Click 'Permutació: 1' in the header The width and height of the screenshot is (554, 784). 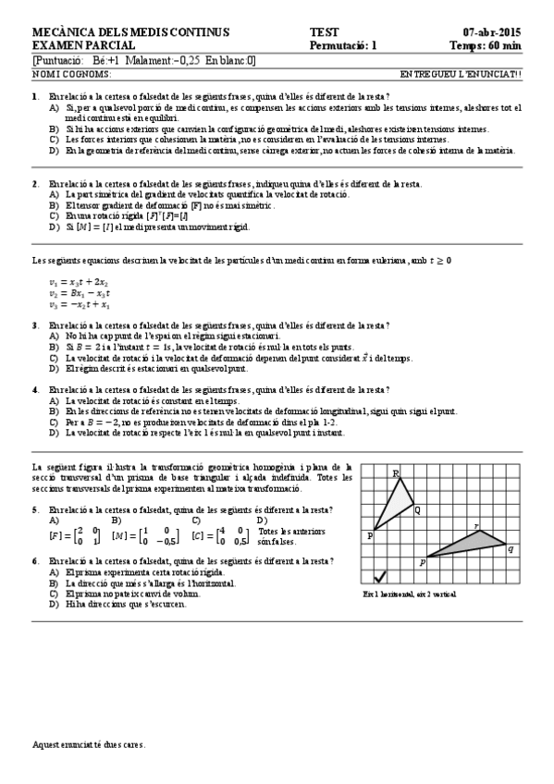click(x=343, y=44)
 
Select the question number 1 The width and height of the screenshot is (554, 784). click(x=35, y=96)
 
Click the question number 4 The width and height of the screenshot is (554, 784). click(x=35, y=389)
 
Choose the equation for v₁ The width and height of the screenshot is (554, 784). click(x=67, y=282)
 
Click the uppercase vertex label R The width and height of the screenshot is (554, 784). click(x=397, y=474)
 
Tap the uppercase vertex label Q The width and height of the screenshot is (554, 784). click(x=417, y=509)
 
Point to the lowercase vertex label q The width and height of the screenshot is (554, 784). click(x=511, y=548)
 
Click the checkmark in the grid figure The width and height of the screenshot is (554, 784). click(x=380, y=576)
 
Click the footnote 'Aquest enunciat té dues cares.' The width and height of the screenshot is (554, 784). click(x=89, y=743)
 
